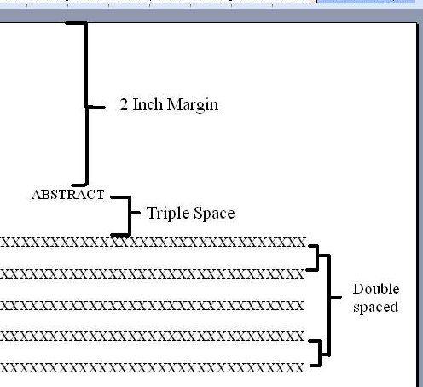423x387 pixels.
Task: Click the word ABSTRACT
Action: click(x=68, y=195)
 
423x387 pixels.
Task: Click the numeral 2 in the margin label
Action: click(x=124, y=104)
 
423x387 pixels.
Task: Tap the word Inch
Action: click(x=147, y=104)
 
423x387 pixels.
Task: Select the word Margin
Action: click(x=193, y=105)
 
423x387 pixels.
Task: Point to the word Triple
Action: click(x=168, y=214)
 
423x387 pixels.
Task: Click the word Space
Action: click(x=214, y=214)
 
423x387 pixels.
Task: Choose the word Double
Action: click(x=376, y=289)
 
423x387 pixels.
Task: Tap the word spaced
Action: click(x=375, y=308)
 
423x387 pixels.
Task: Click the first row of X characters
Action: click(x=153, y=243)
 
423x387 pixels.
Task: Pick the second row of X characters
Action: click(x=153, y=274)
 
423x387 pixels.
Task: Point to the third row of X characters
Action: click(x=153, y=306)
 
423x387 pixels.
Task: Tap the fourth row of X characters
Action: click(x=153, y=337)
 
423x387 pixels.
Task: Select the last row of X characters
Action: click(x=153, y=367)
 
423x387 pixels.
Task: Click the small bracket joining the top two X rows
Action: click(x=317, y=257)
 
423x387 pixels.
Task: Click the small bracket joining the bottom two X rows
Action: click(x=320, y=353)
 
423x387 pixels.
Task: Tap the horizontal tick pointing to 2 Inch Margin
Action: click(x=96, y=108)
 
